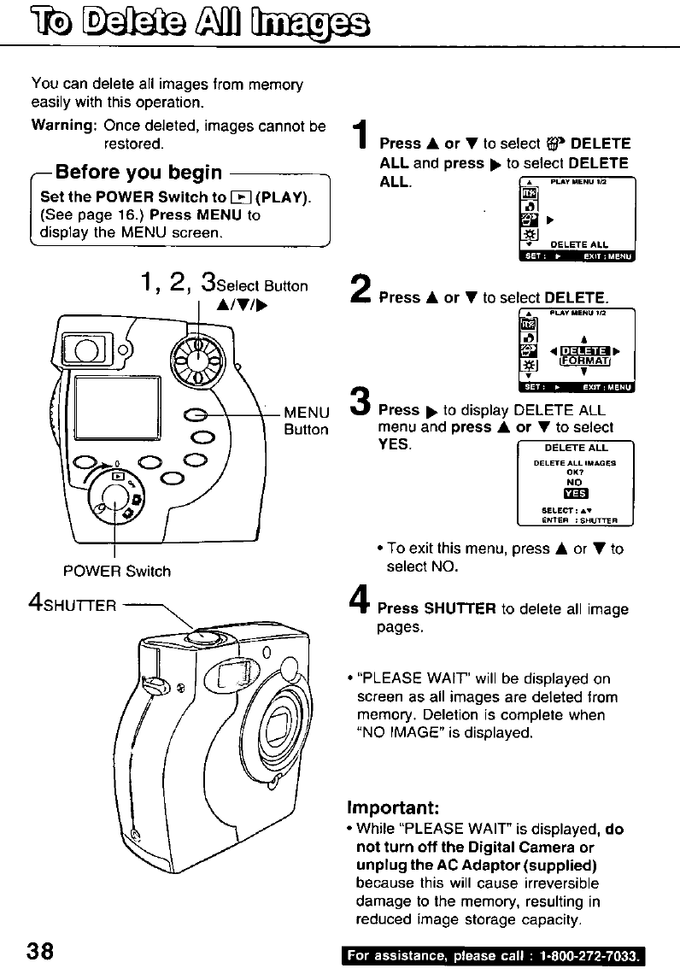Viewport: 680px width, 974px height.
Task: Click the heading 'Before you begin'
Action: (x=138, y=173)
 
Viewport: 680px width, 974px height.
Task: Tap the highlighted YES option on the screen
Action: (x=574, y=494)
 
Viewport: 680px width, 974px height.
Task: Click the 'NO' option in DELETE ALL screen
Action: (x=574, y=482)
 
